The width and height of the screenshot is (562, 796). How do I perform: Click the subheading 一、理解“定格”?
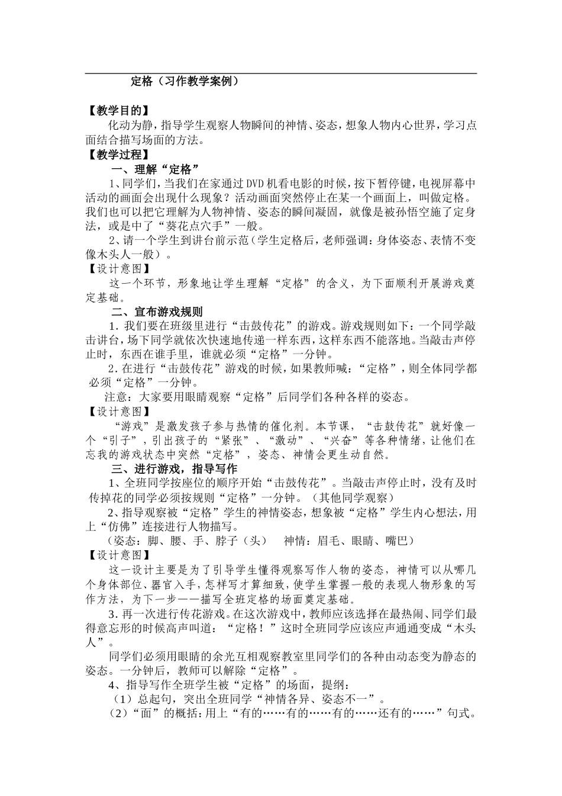[x=154, y=169]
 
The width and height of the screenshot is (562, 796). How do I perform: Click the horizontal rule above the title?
[x=281, y=73]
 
